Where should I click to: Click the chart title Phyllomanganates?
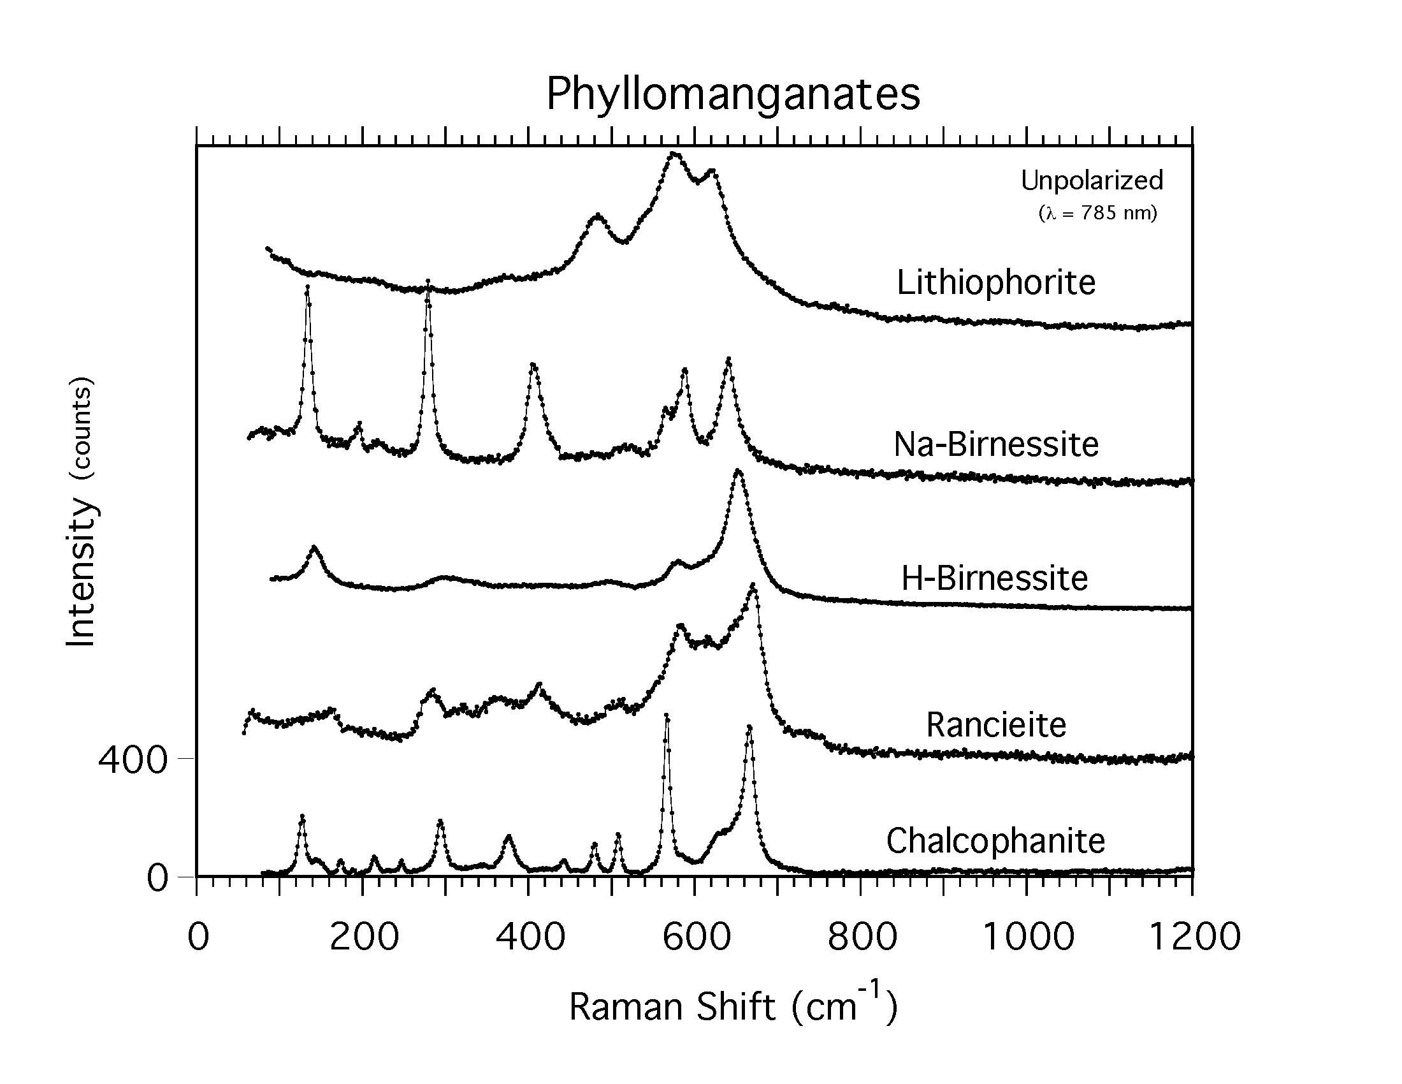[x=732, y=94]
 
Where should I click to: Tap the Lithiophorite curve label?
[x=995, y=282]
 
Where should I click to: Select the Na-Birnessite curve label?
[x=995, y=444]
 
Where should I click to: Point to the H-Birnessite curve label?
[x=994, y=578]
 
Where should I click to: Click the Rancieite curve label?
[x=995, y=725]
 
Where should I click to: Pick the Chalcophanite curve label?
[x=995, y=840]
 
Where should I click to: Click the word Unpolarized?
[x=1091, y=180]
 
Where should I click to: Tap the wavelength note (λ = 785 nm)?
[x=1097, y=212]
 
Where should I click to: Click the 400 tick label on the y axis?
[x=133, y=759]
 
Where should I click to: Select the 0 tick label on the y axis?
[x=157, y=878]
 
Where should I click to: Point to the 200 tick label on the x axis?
[x=364, y=936]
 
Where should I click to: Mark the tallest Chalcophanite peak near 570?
[x=667, y=715]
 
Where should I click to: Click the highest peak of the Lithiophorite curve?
[x=674, y=154]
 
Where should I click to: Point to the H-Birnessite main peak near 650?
[x=738, y=471]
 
